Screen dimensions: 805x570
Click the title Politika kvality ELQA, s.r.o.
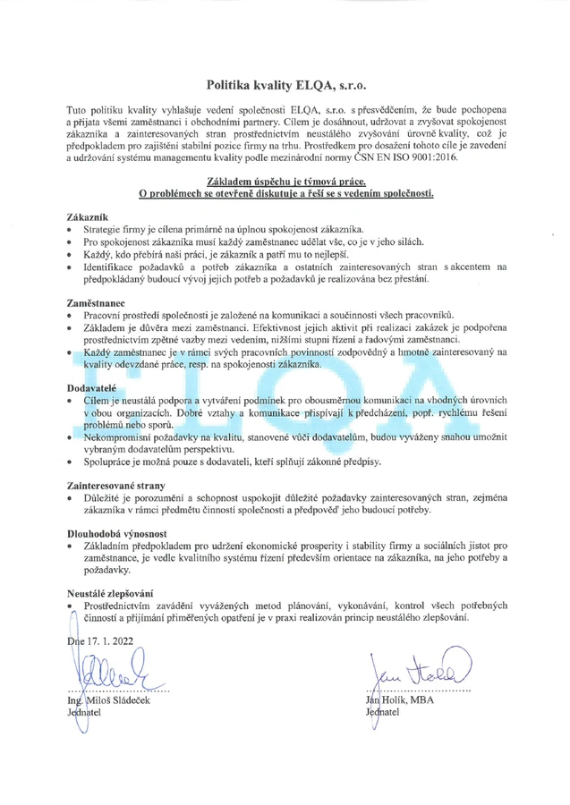tap(286, 86)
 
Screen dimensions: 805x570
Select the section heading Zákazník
tap(87, 217)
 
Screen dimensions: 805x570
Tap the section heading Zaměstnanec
tap(95, 302)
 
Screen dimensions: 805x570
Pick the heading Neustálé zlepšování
tap(110, 592)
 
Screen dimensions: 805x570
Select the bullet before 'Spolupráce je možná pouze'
tap(71, 462)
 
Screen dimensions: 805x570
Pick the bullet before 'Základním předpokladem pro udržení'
tap(71, 545)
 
